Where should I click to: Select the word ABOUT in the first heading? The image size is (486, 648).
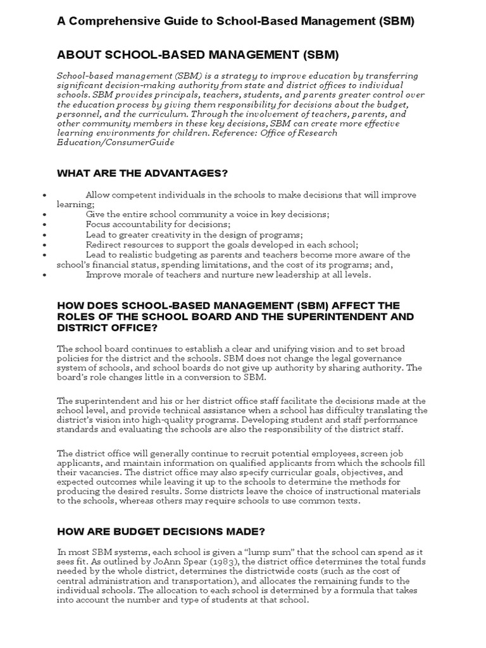(77, 54)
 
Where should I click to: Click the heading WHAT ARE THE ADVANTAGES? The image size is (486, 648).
(142, 173)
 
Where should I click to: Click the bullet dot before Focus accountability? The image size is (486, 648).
(44, 225)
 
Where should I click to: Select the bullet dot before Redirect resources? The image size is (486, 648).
(44, 245)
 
